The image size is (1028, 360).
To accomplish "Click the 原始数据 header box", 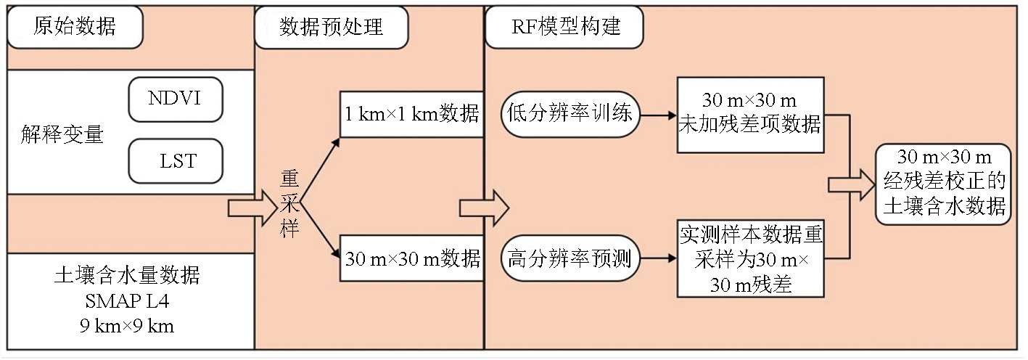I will coord(75,28).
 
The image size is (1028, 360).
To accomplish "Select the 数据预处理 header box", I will coord(331,28).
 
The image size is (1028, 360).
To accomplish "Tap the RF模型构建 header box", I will coord(563,28).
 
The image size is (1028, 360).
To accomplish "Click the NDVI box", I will coord(175,98).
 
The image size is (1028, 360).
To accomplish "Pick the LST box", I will coord(175,160).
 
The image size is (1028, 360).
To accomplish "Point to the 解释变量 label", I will coord(62,134).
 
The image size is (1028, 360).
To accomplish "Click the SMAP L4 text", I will coord(127,300).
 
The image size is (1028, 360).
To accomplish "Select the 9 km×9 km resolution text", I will coord(127,325).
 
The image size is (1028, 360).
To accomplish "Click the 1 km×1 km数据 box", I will coord(411,114).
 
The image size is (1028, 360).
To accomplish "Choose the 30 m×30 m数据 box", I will coord(411,258).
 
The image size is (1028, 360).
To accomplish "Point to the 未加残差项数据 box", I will coord(749,115).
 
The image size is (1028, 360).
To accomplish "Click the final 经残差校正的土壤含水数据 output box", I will coord(943,184).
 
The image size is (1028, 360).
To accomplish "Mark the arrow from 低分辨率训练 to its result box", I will coord(657,114).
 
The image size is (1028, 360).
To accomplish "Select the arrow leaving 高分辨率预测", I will coord(657,258).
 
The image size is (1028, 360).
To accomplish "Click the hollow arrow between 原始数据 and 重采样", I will coord(247,208).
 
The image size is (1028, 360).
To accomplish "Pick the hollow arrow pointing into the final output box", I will coord(851,184).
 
